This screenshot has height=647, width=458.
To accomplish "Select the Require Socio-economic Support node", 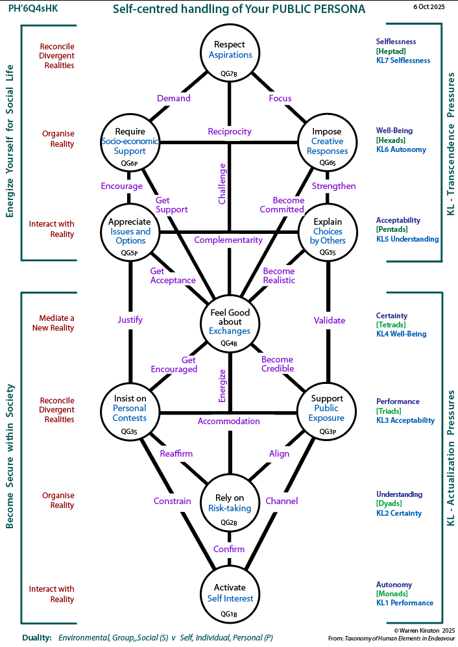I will point(130,142).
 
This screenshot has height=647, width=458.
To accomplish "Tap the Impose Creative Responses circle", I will point(326,142).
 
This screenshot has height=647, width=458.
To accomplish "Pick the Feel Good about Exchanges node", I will point(230,322).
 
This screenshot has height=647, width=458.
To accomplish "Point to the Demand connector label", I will point(174,98).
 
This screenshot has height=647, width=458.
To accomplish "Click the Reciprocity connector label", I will point(230,132).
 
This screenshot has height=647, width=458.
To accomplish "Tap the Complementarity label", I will point(228,240).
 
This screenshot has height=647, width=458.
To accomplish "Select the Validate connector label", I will point(329,320).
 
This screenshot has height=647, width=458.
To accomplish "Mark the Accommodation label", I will point(229,421).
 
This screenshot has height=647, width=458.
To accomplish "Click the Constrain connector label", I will point(173,501).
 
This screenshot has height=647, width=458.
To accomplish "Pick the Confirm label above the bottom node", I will point(229,549).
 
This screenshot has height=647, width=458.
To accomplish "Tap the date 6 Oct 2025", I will point(429,6).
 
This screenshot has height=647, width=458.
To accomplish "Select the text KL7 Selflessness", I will point(403,60).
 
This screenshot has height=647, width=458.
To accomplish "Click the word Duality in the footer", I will point(36,638).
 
